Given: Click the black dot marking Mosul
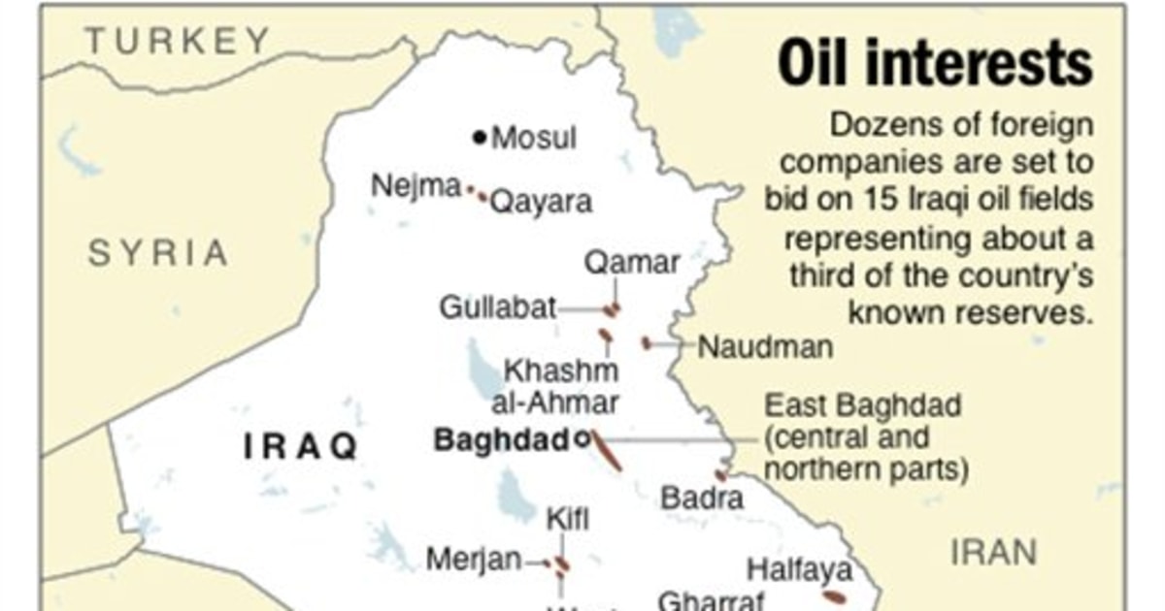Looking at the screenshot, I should click(x=479, y=138).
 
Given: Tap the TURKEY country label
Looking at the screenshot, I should click(x=177, y=41).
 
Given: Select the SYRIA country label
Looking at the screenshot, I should click(x=158, y=254).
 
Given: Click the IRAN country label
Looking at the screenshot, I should click(x=993, y=554).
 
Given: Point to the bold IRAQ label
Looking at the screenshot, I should click(x=301, y=447).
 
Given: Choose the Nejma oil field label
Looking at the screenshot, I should click(x=416, y=185).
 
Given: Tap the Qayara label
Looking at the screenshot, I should click(x=541, y=203).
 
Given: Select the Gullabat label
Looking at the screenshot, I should click(x=498, y=309).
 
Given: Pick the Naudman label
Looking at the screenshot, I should click(x=765, y=346).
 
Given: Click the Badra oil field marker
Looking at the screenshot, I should click(x=720, y=475).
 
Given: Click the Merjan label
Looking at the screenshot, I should click(x=474, y=560).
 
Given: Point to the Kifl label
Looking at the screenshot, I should click(x=568, y=518).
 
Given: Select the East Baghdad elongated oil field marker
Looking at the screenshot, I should click(x=608, y=452).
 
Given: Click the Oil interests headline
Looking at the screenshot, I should click(x=935, y=65).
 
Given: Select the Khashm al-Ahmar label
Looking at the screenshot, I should click(x=561, y=386).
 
